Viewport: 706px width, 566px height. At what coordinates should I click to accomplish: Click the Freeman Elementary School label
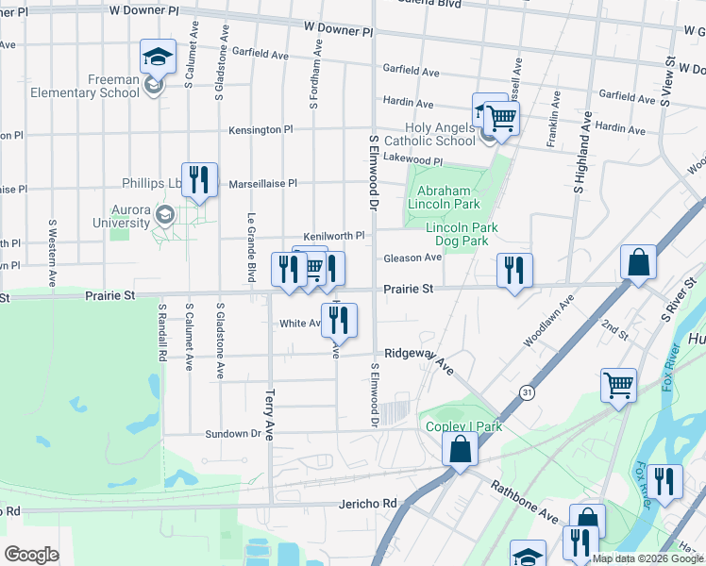84,86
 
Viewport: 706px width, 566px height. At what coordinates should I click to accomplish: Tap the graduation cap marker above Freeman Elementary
158,56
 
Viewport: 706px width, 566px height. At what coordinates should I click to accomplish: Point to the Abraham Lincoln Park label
443,196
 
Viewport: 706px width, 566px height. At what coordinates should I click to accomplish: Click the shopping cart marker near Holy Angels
502,118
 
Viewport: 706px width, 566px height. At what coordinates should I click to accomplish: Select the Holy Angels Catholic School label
440,134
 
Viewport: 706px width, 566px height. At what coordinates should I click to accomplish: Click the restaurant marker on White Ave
339,319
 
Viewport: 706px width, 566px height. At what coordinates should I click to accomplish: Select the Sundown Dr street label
232,433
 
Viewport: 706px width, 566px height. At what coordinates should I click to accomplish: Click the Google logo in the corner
32,554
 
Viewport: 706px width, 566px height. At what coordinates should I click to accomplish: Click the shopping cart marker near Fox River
618,384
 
